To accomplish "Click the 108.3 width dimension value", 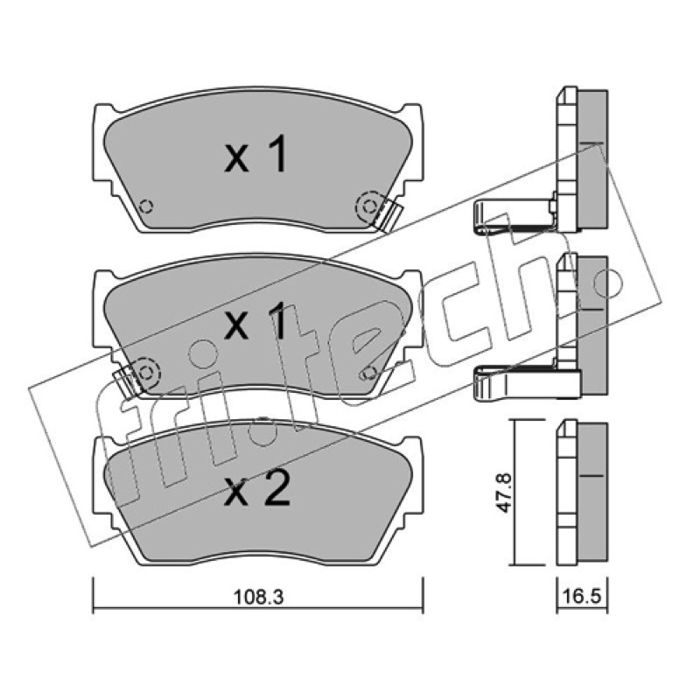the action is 258,598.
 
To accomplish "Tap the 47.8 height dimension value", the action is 506,493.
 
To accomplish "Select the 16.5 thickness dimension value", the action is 583,596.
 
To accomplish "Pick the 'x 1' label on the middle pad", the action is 255,319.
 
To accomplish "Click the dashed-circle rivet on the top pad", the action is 369,206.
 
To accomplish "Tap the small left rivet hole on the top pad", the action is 146,206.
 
